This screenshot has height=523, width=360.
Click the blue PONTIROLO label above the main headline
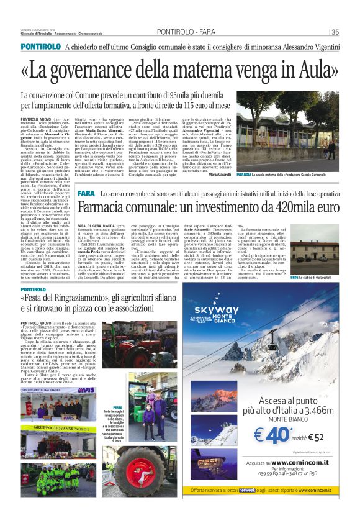(40, 47)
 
